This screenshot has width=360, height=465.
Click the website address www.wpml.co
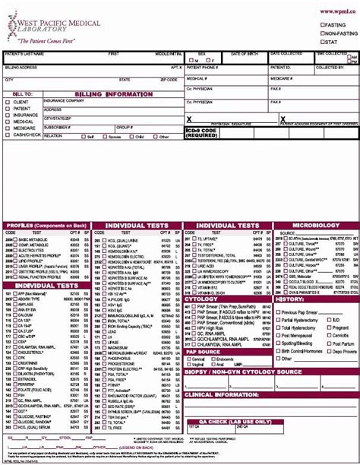337,11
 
